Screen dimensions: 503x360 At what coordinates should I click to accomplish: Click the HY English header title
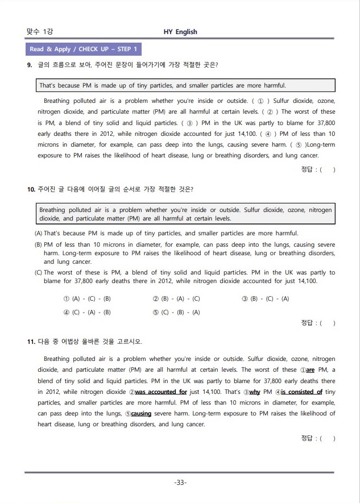click(x=180, y=32)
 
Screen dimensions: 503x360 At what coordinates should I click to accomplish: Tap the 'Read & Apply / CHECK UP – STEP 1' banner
click(x=83, y=49)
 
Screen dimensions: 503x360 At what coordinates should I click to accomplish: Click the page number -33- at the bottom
click(x=180, y=483)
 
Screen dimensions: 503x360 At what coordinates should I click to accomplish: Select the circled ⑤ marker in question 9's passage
click(x=299, y=144)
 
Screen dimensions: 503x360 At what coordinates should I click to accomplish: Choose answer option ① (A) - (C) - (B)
click(x=87, y=298)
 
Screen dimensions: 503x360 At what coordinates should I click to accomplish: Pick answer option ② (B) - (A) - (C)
click(x=176, y=298)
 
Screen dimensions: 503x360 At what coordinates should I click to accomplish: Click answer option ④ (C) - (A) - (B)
click(x=87, y=312)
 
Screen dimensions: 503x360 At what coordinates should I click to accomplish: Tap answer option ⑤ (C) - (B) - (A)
click(x=176, y=312)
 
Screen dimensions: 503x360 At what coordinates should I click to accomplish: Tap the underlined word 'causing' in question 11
click(x=141, y=413)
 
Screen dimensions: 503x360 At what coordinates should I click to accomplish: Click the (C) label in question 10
click(x=39, y=272)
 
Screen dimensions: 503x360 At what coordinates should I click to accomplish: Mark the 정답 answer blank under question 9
click(x=326, y=169)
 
